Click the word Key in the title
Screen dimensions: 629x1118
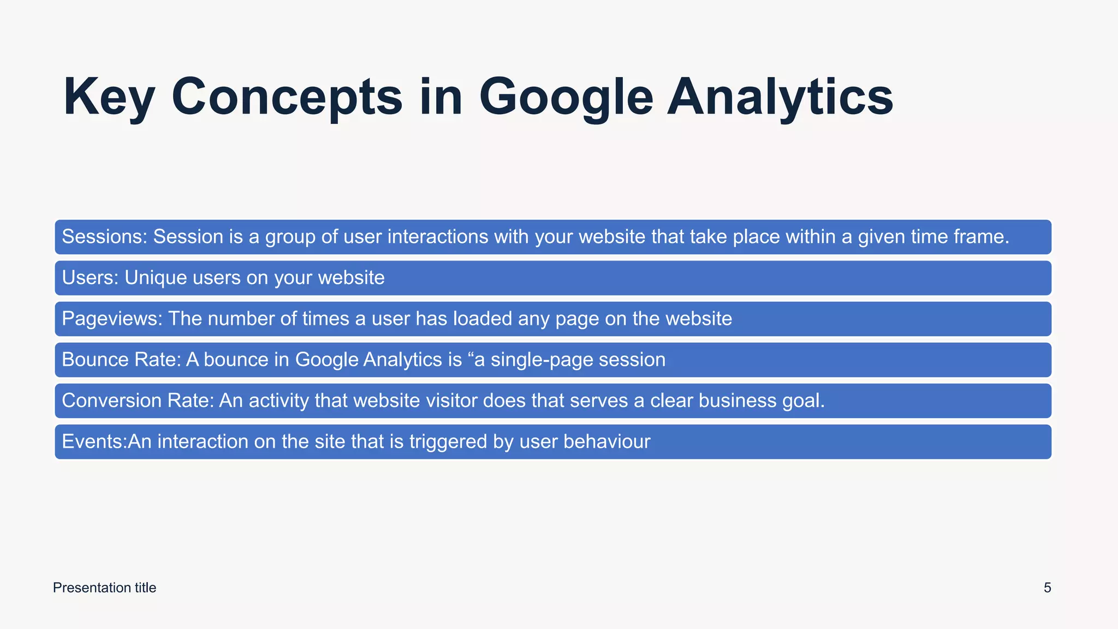109,97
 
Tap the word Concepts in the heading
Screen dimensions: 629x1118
287,97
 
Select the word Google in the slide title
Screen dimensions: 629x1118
566,97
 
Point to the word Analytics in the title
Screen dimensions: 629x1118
780,97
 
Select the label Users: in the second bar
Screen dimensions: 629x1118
90,278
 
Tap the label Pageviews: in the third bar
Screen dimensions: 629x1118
112,319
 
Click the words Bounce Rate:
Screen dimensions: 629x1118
121,360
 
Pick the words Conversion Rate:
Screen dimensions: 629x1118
138,401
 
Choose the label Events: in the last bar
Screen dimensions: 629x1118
94,442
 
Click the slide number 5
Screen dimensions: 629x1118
1047,588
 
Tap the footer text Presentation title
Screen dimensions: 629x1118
104,588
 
